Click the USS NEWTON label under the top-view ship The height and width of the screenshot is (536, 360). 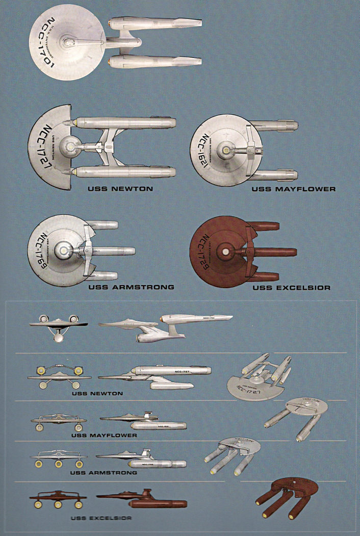[x=120, y=189]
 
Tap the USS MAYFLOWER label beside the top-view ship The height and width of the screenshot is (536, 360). [x=294, y=189]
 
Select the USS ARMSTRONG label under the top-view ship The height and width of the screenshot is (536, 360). [x=131, y=287]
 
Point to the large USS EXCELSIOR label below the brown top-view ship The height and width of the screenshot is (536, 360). [x=291, y=288]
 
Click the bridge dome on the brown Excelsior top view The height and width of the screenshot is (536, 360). [x=224, y=252]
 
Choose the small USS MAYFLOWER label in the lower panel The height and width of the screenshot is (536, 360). [x=104, y=436]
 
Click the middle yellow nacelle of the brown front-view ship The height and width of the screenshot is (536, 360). [x=58, y=504]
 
